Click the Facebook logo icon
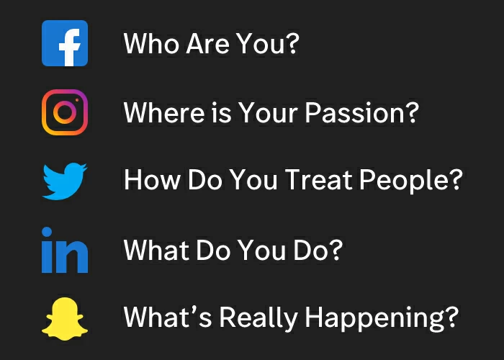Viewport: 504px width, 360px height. (65, 43)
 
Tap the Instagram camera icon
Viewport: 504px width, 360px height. (65, 112)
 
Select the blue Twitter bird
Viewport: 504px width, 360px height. (65, 180)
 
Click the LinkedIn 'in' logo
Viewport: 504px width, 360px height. (65, 251)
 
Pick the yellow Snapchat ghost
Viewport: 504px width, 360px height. (65, 318)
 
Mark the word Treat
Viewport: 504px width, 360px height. (318, 180)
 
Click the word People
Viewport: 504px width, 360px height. (410, 180)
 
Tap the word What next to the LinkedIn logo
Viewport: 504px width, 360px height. (152, 251)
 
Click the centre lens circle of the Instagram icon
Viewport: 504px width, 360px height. (65, 112)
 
